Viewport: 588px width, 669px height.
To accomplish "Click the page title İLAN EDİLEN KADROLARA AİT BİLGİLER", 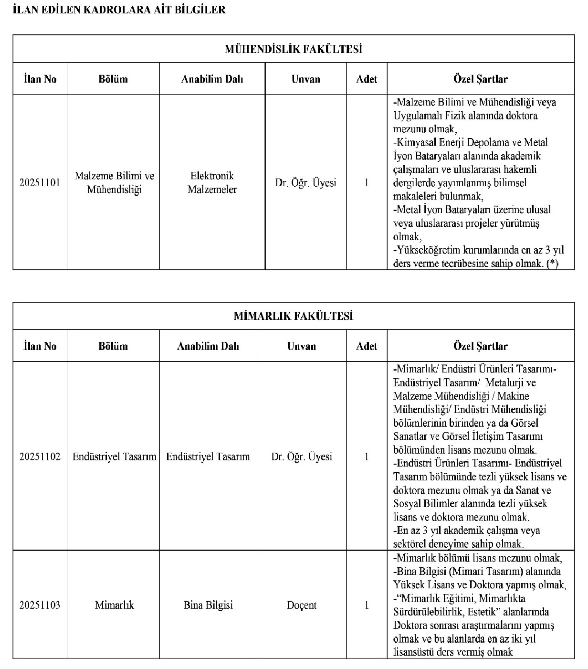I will (120, 10).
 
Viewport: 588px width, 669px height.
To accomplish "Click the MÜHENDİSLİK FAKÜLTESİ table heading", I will (294, 49).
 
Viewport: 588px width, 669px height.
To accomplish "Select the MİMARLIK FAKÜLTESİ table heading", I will (294, 316).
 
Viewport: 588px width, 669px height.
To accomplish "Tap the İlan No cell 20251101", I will (40, 182).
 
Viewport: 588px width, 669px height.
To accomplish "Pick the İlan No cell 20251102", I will (40, 457).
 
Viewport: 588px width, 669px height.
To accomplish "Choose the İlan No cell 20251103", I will (40, 605).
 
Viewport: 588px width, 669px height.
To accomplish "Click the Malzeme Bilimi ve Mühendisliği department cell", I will (115, 182).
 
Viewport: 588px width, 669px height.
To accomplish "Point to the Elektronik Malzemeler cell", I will (212, 182).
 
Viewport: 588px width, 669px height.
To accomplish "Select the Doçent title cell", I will (302, 605).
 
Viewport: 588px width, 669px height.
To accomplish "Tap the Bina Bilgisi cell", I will (208, 605).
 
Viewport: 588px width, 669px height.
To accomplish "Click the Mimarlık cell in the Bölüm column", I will (115, 605).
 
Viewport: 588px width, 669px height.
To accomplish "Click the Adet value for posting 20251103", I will (367, 605).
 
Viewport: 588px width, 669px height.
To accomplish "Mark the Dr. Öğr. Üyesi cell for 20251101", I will (306, 182).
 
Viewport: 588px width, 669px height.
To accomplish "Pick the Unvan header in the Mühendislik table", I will (306, 79).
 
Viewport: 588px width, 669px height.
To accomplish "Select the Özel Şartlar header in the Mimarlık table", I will (480, 346).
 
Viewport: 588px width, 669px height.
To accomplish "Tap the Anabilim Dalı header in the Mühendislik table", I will (212, 79).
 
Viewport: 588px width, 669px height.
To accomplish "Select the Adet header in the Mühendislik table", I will (367, 79).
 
